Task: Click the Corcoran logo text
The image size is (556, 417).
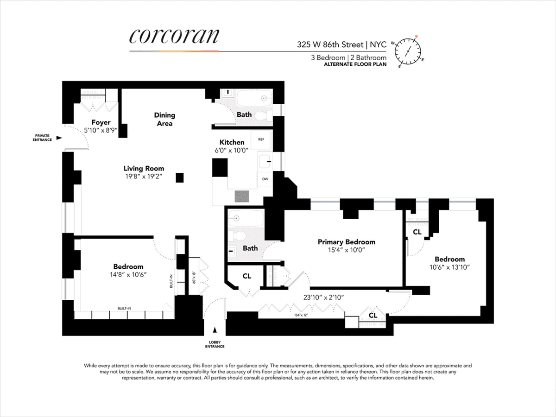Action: (174, 36)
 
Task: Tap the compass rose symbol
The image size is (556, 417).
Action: (408, 51)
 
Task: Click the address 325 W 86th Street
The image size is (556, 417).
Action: (330, 44)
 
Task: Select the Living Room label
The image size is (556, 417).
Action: (144, 168)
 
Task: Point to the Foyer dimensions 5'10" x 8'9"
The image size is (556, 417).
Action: (101, 130)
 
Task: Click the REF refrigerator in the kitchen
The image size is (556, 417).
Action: (261, 139)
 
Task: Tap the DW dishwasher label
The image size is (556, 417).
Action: (265, 179)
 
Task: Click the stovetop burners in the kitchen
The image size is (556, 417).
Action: (242, 196)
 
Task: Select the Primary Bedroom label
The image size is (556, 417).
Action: (346, 242)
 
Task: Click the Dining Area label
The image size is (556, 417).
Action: (164, 119)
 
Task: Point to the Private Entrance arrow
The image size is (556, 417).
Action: (59, 138)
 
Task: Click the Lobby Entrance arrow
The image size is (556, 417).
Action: (215, 330)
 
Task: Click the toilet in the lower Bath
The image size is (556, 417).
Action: (237, 236)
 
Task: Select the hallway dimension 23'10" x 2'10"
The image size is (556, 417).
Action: (323, 297)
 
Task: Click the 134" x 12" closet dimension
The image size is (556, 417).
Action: (301, 315)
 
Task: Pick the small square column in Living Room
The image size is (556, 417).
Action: (180, 178)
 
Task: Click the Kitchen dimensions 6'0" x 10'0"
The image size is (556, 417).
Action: (232, 151)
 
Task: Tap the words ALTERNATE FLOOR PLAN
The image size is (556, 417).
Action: (355, 64)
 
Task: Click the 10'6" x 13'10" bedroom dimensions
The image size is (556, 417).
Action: (449, 267)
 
